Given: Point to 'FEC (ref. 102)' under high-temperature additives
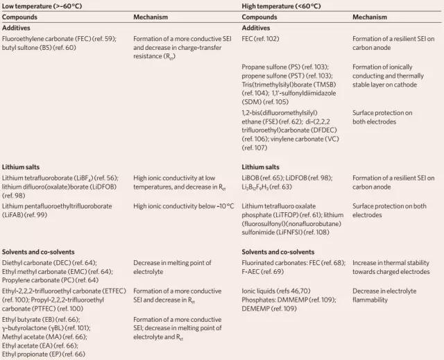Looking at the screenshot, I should (x=261, y=39).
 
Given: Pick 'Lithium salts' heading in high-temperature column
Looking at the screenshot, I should (x=261, y=167).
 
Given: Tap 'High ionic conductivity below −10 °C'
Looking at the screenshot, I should (x=183, y=206).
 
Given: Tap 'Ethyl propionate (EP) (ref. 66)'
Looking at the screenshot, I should (x=44, y=354).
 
